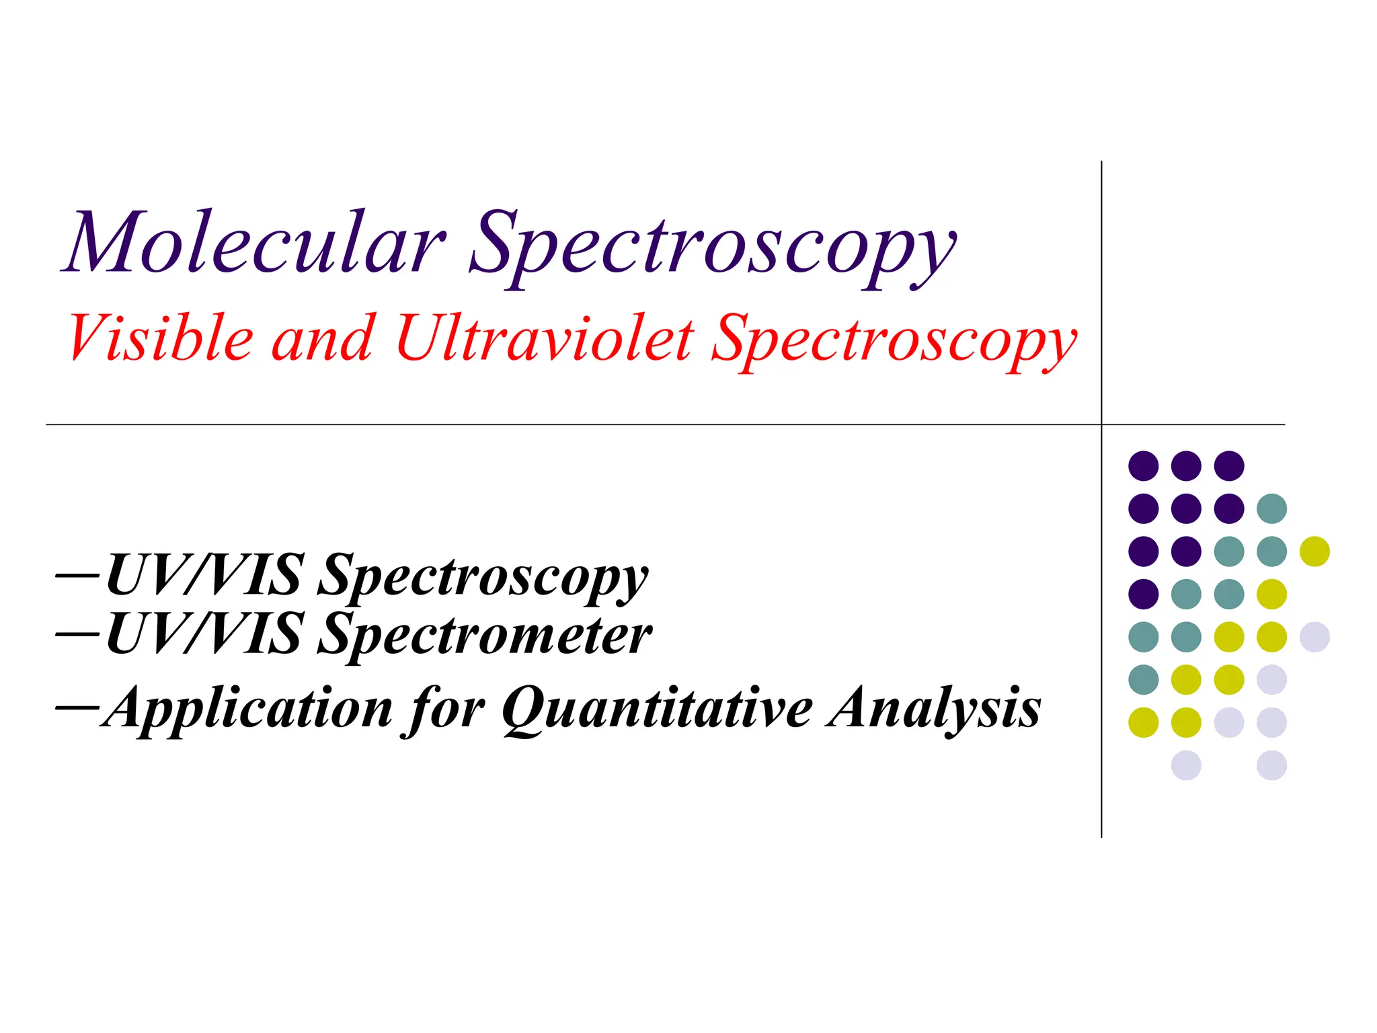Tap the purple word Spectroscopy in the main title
click(x=713, y=249)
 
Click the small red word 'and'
click(x=323, y=340)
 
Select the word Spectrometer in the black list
click(x=484, y=636)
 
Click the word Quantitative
click(x=658, y=710)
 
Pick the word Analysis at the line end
click(x=935, y=710)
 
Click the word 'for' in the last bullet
click(x=445, y=710)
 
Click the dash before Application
click(x=77, y=707)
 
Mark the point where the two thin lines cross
click(x=1101, y=424)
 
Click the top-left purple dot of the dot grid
click(x=1143, y=465)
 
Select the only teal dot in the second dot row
click(x=1271, y=508)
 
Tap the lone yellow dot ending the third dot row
click(x=1314, y=551)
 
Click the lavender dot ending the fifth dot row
click(x=1314, y=637)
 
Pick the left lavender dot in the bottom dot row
click(x=1186, y=765)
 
